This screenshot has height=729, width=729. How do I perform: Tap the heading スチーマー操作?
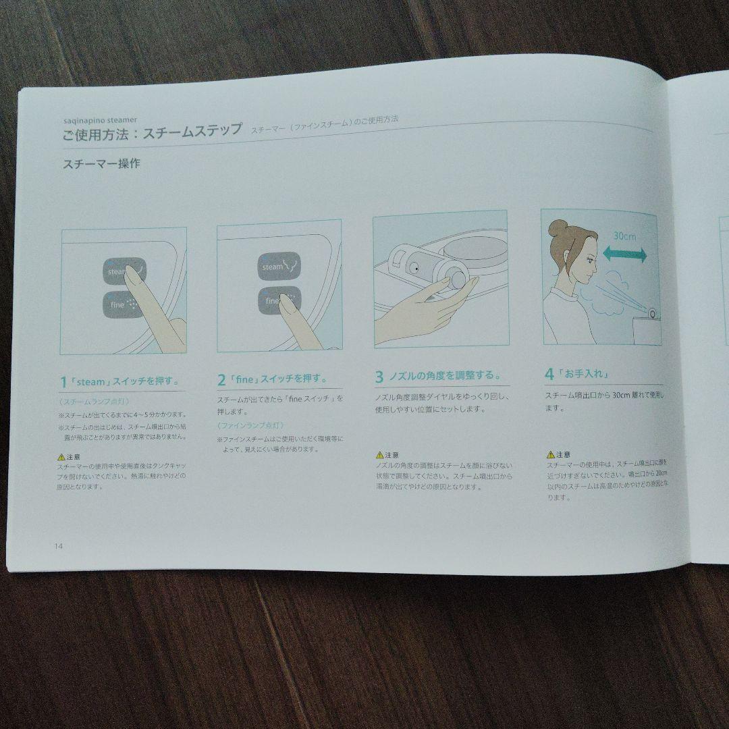click(x=101, y=164)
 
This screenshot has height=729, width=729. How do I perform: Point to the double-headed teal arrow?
click(x=624, y=254)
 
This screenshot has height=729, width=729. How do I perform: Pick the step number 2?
click(x=221, y=381)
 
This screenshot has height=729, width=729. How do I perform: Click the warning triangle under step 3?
click(x=379, y=456)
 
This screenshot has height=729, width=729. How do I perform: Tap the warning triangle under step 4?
click(x=550, y=454)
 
